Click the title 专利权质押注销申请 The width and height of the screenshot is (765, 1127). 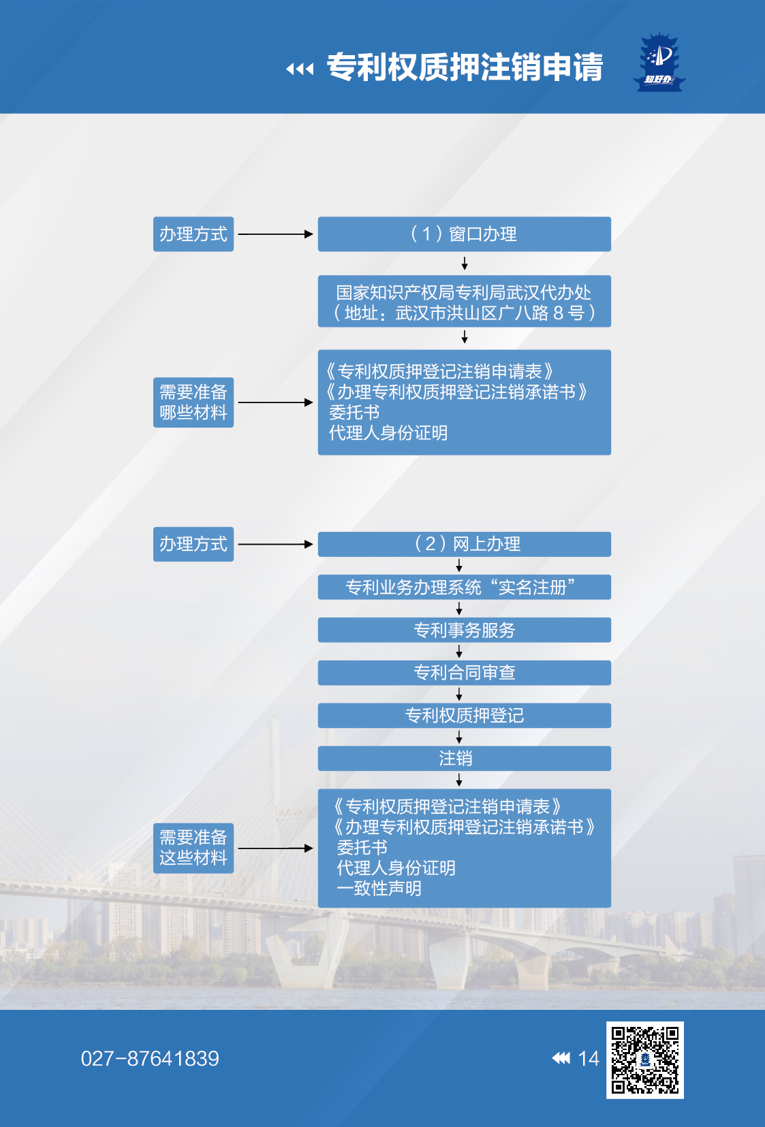click(465, 67)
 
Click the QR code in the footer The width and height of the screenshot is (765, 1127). click(644, 1060)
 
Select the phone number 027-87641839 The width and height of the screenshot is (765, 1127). click(150, 1058)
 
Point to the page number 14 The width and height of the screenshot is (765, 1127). click(589, 1058)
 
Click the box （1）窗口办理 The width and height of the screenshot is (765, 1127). click(464, 234)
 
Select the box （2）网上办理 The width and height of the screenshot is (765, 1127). click(464, 544)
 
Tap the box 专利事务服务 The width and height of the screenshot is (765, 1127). click(464, 630)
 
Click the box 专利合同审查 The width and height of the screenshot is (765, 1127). click(464, 673)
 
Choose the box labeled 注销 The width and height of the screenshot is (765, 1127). click(464, 759)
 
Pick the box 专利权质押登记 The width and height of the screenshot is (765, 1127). click(464, 716)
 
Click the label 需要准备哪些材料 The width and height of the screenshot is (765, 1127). click(193, 402)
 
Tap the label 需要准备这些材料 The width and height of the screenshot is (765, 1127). click(193, 848)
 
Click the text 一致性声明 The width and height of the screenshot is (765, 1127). click(379, 889)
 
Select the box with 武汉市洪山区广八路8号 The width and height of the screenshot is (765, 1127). click(464, 302)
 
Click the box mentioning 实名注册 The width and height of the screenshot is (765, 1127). click(464, 587)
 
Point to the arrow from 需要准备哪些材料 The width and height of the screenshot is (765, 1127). click(275, 402)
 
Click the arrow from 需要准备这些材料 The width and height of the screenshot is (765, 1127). click(275, 848)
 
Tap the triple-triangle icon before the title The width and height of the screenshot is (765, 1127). click(300, 69)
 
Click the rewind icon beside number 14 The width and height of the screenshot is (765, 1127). click(561, 1058)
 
